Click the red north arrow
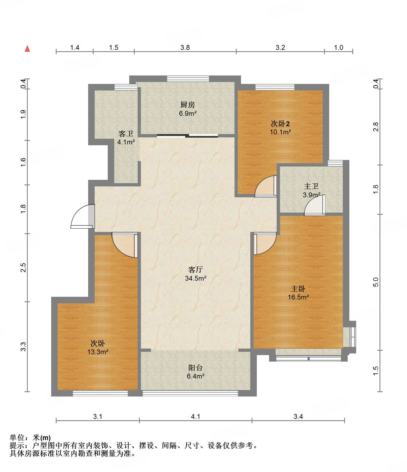tap(27, 49)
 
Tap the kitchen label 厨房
tap(188, 105)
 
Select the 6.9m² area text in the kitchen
tap(188, 113)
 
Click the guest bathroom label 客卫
tap(126, 134)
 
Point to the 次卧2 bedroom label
tap(280, 124)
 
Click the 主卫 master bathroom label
tap(311, 186)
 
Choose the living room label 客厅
tap(196, 270)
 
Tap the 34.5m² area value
tap(196, 278)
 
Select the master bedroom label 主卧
tap(298, 289)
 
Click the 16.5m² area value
tap(298, 297)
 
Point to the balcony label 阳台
tap(196, 368)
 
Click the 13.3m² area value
tap(98, 352)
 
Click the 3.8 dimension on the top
tap(185, 47)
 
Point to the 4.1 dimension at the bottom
tap(196, 416)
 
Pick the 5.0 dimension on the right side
tap(376, 282)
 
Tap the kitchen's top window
tap(188, 79)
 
